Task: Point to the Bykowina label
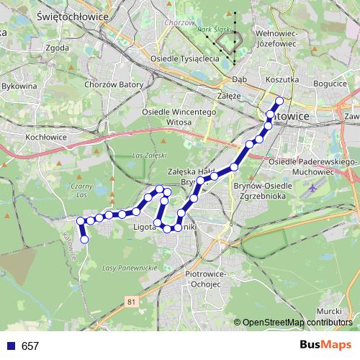click(x=19, y=86)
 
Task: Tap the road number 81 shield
click(x=130, y=302)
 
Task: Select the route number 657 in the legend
click(x=30, y=346)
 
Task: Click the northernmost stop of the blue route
click(x=279, y=102)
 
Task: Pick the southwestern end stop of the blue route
click(x=84, y=239)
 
